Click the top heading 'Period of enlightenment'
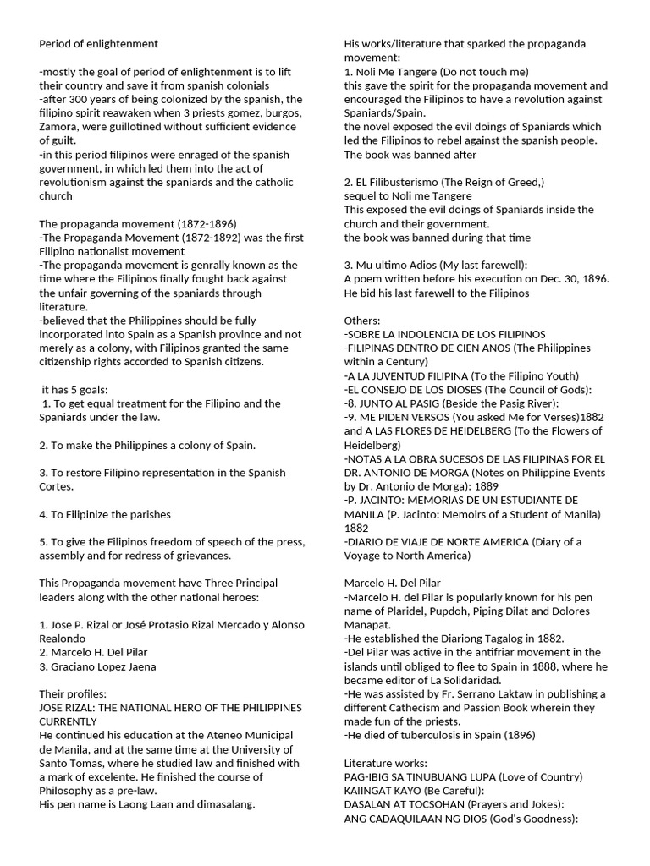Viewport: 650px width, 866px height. (x=98, y=43)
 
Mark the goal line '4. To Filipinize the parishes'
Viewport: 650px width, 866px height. (x=105, y=514)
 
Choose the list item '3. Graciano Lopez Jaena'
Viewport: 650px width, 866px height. (x=97, y=666)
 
